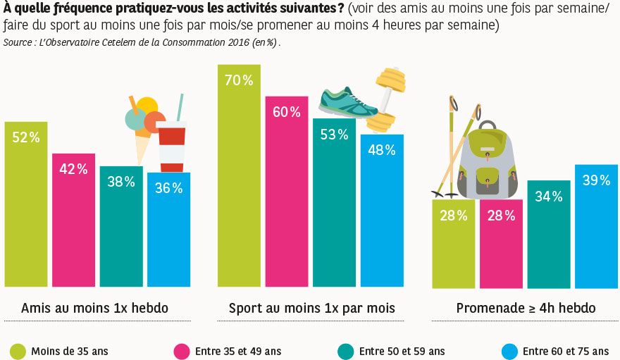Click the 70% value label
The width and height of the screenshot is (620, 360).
click(x=239, y=80)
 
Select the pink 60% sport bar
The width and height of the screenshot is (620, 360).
click(x=286, y=197)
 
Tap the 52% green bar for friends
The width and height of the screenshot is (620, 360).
click(x=26, y=211)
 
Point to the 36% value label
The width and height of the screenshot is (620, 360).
click(x=169, y=188)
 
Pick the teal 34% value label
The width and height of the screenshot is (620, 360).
click(x=548, y=197)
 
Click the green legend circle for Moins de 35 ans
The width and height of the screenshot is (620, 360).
click(x=17, y=351)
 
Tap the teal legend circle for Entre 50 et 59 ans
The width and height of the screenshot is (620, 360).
click(x=345, y=351)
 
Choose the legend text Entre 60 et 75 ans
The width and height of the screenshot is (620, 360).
click(x=565, y=351)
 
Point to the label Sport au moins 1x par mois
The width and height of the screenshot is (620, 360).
click(x=311, y=308)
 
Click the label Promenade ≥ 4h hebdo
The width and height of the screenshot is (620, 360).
click(x=526, y=308)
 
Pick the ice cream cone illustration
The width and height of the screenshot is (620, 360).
click(x=144, y=127)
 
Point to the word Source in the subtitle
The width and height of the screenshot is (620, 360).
click(x=17, y=42)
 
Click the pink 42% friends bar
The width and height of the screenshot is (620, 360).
click(x=73, y=225)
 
